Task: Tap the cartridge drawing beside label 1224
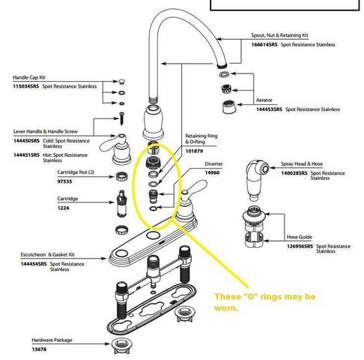click(119, 211)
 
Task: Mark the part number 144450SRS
click(27, 141)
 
